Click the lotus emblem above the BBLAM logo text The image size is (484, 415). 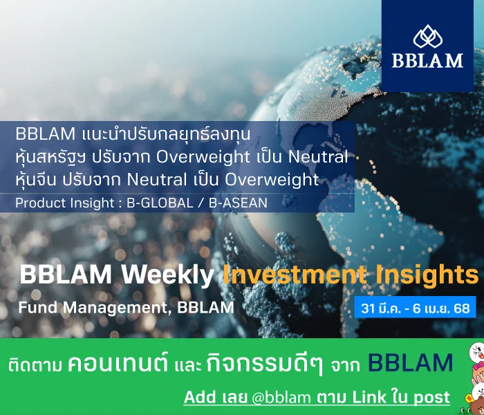428,37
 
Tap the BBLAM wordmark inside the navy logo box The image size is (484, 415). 428,61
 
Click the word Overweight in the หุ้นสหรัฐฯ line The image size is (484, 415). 203,157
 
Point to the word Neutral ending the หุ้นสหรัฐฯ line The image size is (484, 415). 318,156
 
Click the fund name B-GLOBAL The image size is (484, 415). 160,203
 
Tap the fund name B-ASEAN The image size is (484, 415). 238,203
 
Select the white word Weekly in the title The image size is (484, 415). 167,275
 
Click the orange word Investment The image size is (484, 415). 295,274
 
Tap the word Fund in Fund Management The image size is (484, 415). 38,308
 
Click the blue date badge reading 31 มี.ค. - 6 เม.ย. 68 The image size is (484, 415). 415,307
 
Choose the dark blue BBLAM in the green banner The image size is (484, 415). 411,362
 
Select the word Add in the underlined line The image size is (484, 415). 200,397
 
